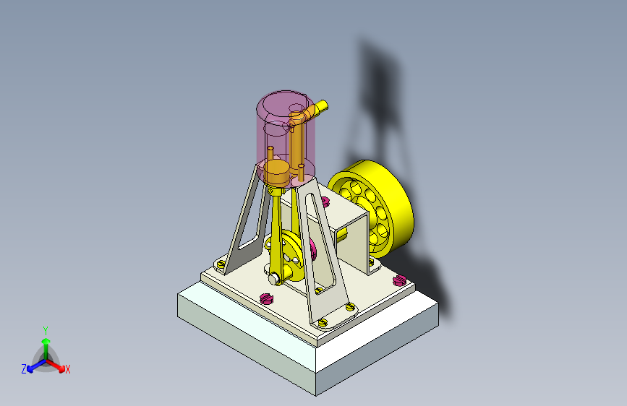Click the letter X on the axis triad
(x=67, y=369)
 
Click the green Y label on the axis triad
(x=46, y=331)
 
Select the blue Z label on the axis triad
(x=24, y=369)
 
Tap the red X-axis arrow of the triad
(x=56, y=366)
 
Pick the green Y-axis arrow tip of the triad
(x=46, y=341)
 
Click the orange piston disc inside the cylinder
(x=276, y=172)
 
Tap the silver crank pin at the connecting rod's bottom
(x=274, y=279)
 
